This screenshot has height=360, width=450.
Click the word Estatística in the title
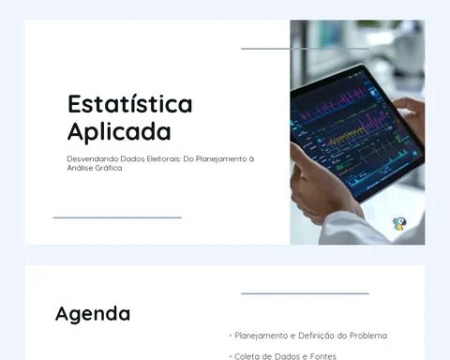130,104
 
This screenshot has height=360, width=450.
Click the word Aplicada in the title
119,132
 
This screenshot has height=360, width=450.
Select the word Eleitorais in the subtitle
164,158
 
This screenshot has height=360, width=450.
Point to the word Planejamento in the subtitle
221,159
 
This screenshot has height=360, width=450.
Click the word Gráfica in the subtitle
109,168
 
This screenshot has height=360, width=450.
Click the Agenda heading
93,314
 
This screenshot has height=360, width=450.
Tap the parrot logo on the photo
399,224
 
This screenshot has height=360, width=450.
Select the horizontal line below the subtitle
117,217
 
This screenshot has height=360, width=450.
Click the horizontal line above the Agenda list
305,293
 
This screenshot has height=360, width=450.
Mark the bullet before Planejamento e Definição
231,336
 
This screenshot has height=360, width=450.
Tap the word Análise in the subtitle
80,168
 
